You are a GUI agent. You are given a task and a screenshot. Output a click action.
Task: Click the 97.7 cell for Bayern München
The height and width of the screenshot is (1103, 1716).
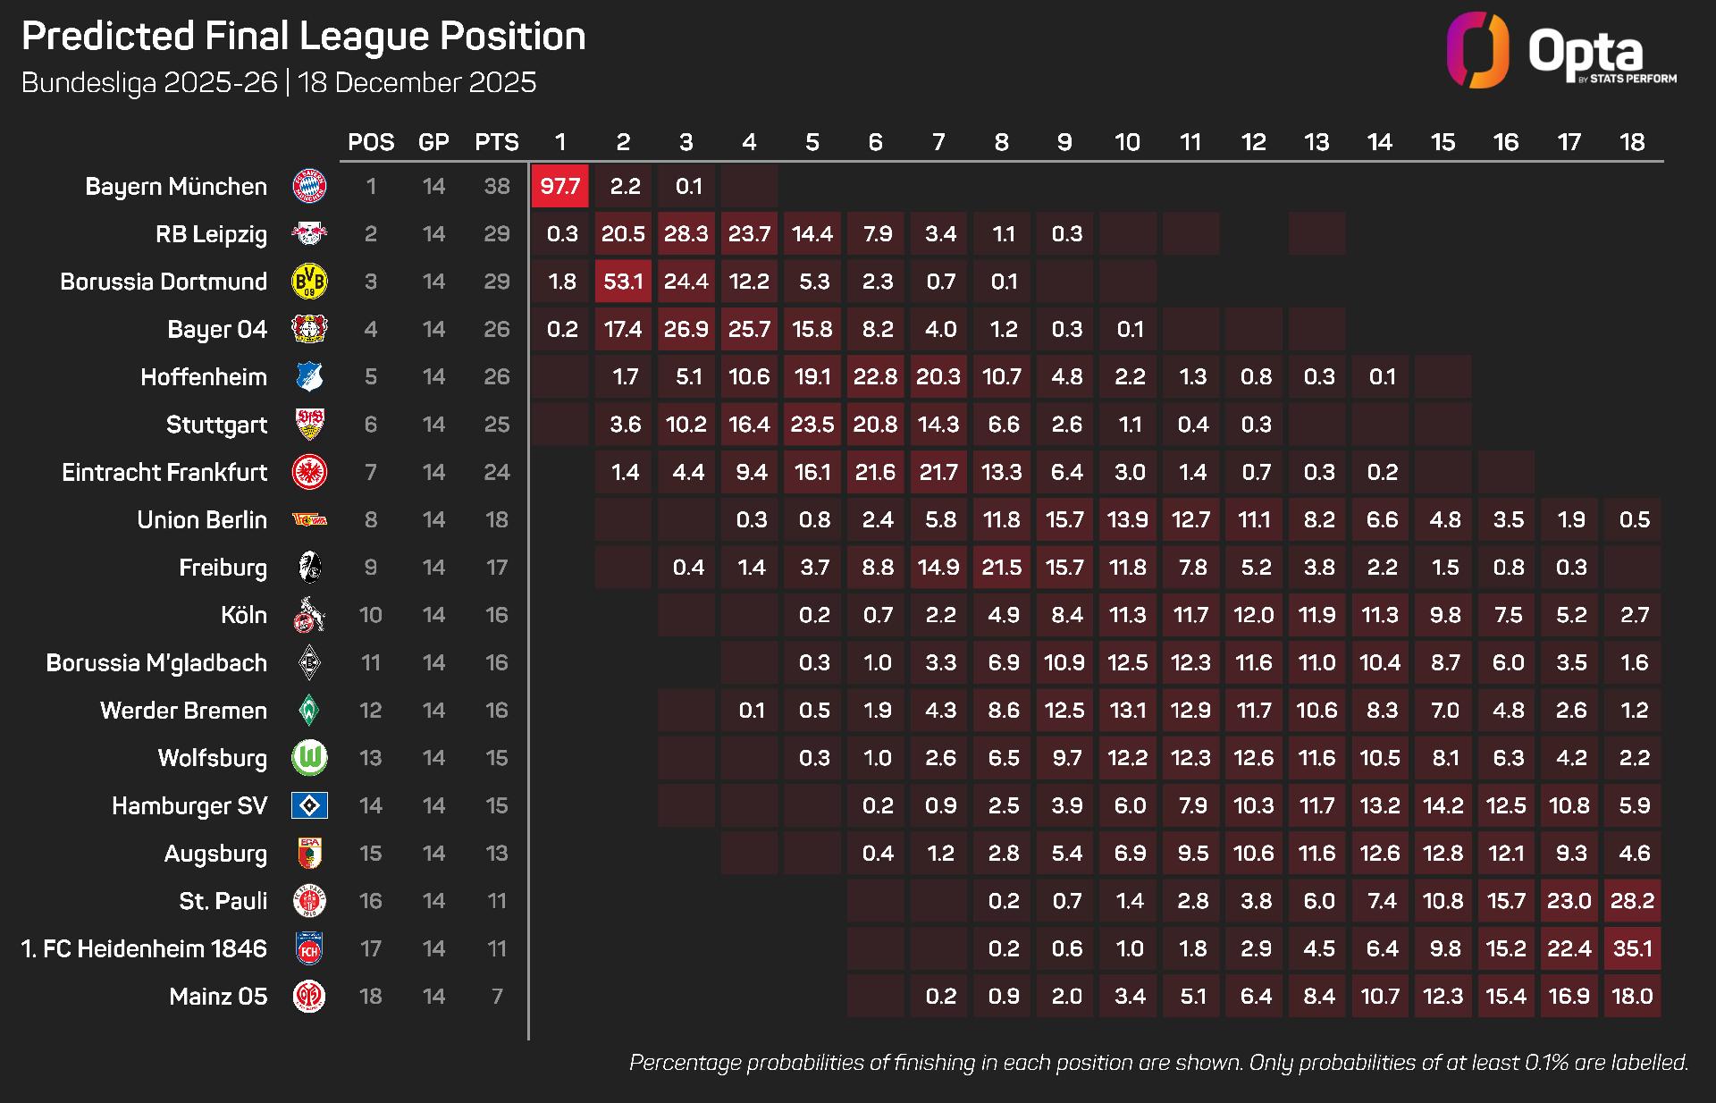[x=560, y=187]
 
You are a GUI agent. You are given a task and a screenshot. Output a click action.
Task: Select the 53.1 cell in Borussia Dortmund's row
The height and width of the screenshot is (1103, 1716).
[x=623, y=282]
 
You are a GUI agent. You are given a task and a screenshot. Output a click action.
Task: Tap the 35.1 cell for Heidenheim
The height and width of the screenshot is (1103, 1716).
[x=1632, y=948]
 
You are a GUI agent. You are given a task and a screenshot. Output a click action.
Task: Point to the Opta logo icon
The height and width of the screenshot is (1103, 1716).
[x=1477, y=50]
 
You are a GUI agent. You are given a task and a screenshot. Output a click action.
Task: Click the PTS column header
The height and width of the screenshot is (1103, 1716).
[x=497, y=142]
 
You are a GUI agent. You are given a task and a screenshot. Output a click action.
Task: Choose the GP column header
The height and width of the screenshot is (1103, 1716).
[x=433, y=142]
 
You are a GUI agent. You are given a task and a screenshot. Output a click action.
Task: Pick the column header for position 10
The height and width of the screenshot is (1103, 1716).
[x=1127, y=142]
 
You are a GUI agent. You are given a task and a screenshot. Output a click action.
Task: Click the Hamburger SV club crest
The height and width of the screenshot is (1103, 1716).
[x=309, y=805]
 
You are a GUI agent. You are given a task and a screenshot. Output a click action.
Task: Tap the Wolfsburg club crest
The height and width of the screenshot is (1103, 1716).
[x=309, y=758]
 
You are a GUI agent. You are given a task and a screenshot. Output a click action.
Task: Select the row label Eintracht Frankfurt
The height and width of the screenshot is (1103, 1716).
[x=164, y=472]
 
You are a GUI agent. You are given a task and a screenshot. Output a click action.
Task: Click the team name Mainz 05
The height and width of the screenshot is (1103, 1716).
[x=218, y=996]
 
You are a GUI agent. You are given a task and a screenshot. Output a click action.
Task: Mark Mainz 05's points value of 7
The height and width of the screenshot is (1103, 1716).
[x=497, y=996]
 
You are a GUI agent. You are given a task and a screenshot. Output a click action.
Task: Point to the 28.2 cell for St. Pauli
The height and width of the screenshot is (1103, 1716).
[x=1632, y=901]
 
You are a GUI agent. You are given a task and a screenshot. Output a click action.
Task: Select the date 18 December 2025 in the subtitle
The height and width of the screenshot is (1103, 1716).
[x=416, y=82]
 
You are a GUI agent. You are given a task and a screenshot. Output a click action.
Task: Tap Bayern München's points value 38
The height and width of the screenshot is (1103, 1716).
[x=497, y=187]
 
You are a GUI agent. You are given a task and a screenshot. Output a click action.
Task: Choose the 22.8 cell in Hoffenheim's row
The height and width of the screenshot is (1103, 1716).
[x=875, y=377]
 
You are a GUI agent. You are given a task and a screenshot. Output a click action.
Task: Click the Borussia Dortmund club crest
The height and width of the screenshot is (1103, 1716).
[x=309, y=282]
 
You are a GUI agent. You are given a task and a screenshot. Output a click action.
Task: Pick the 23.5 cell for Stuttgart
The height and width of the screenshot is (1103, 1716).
[x=812, y=425]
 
